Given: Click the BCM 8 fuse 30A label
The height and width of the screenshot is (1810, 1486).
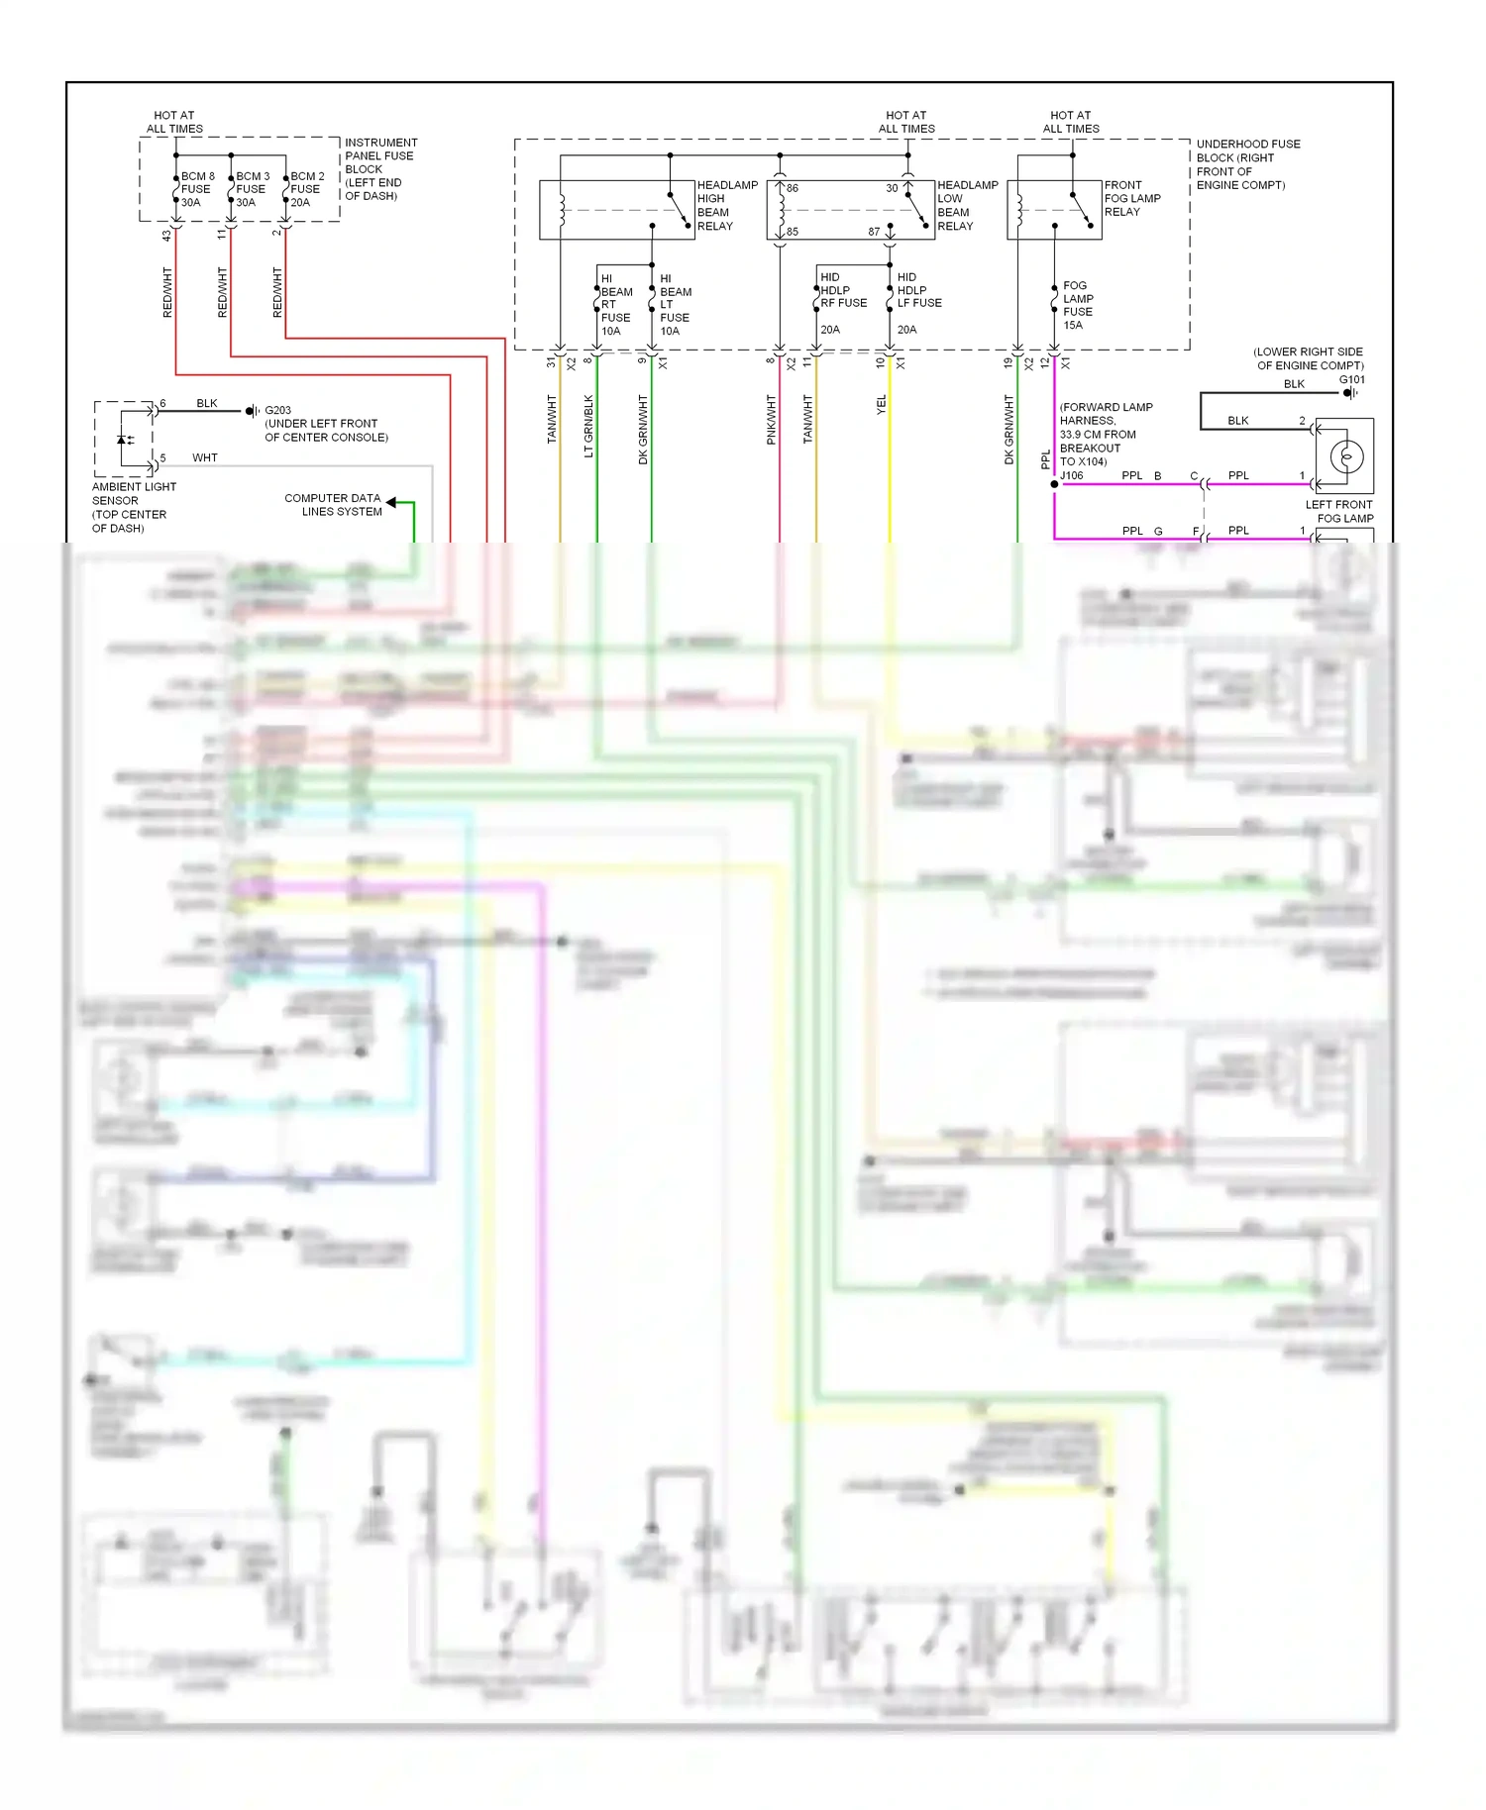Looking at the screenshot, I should [x=196, y=189].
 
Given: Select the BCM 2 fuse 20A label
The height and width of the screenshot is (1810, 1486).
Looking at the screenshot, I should [x=306, y=189].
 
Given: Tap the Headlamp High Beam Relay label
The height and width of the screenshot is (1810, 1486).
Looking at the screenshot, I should [x=727, y=206].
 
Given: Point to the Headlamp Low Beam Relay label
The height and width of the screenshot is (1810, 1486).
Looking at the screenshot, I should [x=967, y=206].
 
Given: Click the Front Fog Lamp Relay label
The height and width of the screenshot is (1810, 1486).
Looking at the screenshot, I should [x=1132, y=198].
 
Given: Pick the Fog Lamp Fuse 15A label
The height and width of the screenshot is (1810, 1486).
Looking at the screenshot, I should [x=1078, y=305].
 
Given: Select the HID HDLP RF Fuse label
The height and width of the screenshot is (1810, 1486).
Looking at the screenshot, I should [x=843, y=291].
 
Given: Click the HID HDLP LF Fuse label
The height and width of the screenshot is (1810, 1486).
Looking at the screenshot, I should [x=918, y=291].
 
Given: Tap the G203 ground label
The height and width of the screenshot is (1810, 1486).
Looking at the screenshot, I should [x=277, y=410].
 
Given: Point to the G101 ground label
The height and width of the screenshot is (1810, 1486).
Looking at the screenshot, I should [x=1351, y=380].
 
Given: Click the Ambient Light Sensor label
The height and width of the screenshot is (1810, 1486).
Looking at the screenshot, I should [x=134, y=507].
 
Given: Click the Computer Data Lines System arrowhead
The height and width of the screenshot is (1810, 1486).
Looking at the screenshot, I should [x=391, y=503].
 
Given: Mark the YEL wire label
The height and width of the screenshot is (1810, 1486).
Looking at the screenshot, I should [x=882, y=405].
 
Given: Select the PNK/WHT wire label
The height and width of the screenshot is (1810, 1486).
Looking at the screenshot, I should [x=772, y=420].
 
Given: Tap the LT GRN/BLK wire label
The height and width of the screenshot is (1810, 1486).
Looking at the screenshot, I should [x=588, y=427].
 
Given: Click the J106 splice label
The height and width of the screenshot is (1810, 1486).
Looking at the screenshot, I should [x=1071, y=476].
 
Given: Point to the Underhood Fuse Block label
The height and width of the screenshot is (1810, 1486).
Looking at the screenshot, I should [x=1247, y=164].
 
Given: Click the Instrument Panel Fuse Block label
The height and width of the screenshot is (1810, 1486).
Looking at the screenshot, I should [x=380, y=169].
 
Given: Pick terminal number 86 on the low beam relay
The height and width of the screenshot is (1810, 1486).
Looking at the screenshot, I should [x=793, y=188].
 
